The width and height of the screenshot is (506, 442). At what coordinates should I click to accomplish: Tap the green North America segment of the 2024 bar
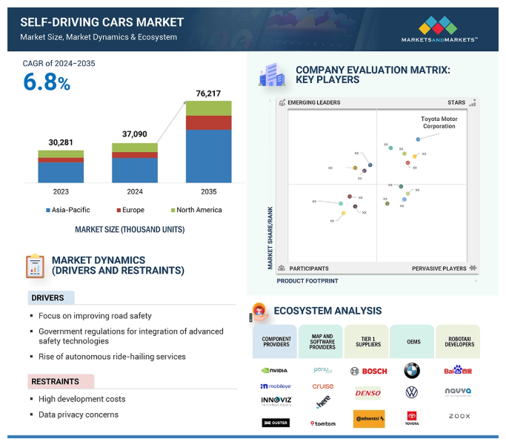coord(135,148)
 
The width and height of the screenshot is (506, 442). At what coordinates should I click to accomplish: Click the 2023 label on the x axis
coord(61,191)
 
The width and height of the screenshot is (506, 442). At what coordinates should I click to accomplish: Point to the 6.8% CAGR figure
coord(47,82)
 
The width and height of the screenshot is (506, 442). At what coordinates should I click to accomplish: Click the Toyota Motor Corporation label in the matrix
coord(438,122)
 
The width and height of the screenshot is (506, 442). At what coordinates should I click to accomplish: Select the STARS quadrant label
coord(456,102)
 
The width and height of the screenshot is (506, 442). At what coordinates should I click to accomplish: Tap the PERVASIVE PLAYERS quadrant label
coord(439,268)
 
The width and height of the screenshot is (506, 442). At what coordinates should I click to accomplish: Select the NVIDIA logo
coord(276,370)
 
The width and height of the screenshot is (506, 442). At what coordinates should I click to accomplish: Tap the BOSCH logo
coord(368,370)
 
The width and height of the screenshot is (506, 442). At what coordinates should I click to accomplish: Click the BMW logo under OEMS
coord(412,370)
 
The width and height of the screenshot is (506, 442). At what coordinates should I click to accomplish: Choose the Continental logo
coord(368,419)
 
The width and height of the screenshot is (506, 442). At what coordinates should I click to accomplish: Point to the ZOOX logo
coord(459,417)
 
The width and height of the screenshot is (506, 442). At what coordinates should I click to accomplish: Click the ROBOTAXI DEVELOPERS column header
coord(457,342)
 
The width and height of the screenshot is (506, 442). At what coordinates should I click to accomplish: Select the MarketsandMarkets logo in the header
coord(439,30)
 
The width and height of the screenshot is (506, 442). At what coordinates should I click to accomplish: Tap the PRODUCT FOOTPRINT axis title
coord(307,281)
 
